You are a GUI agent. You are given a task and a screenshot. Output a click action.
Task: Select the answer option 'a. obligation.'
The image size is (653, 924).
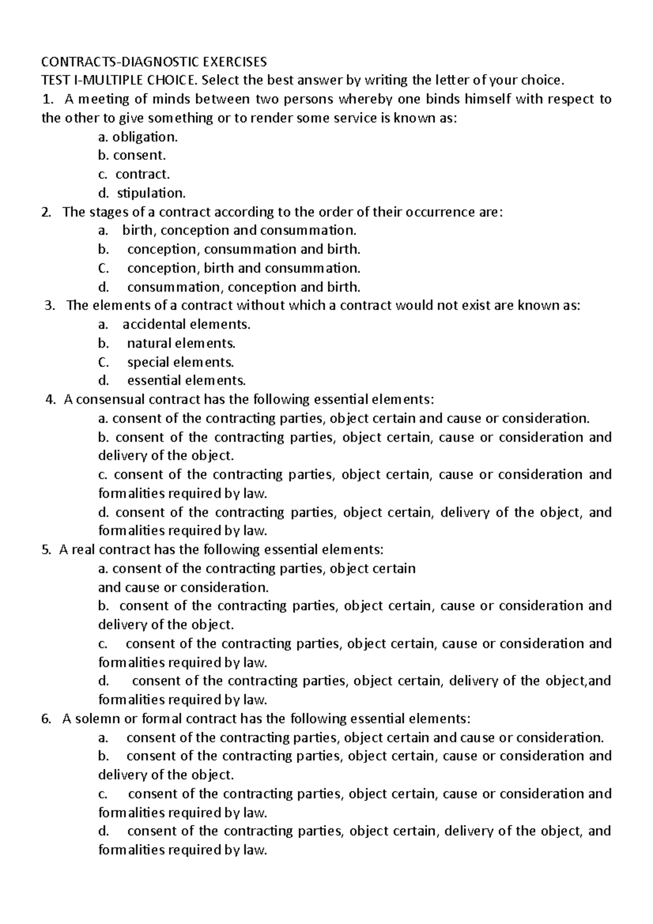(138, 137)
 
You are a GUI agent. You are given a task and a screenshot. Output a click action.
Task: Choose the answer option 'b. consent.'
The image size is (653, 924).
(132, 156)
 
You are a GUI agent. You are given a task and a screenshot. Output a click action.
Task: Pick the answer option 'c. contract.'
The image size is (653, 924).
(134, 174)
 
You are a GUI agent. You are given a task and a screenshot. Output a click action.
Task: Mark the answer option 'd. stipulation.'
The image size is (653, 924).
(141, 193)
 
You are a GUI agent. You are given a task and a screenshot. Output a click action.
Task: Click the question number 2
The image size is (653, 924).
(46, 212)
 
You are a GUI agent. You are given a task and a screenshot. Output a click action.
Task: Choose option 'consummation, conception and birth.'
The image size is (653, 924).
(243, 287)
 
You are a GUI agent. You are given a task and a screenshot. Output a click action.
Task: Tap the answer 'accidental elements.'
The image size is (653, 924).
(186, 325)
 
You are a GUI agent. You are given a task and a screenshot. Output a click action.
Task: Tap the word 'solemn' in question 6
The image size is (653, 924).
(98, 719)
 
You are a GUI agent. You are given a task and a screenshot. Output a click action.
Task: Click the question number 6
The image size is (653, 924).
(46, 719)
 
